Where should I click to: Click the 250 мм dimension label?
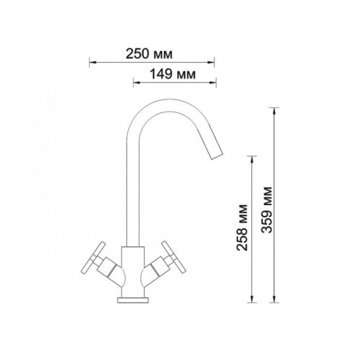149,54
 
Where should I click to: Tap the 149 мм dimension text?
173,74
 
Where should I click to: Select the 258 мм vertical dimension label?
242,228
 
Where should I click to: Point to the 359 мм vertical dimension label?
267,210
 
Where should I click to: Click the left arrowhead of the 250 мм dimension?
93,63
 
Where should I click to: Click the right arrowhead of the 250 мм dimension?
211,63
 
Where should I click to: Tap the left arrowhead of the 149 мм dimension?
137,83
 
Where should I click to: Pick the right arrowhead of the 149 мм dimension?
213,83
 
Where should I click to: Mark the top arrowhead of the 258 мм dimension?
252,160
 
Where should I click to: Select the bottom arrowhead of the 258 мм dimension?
252,299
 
